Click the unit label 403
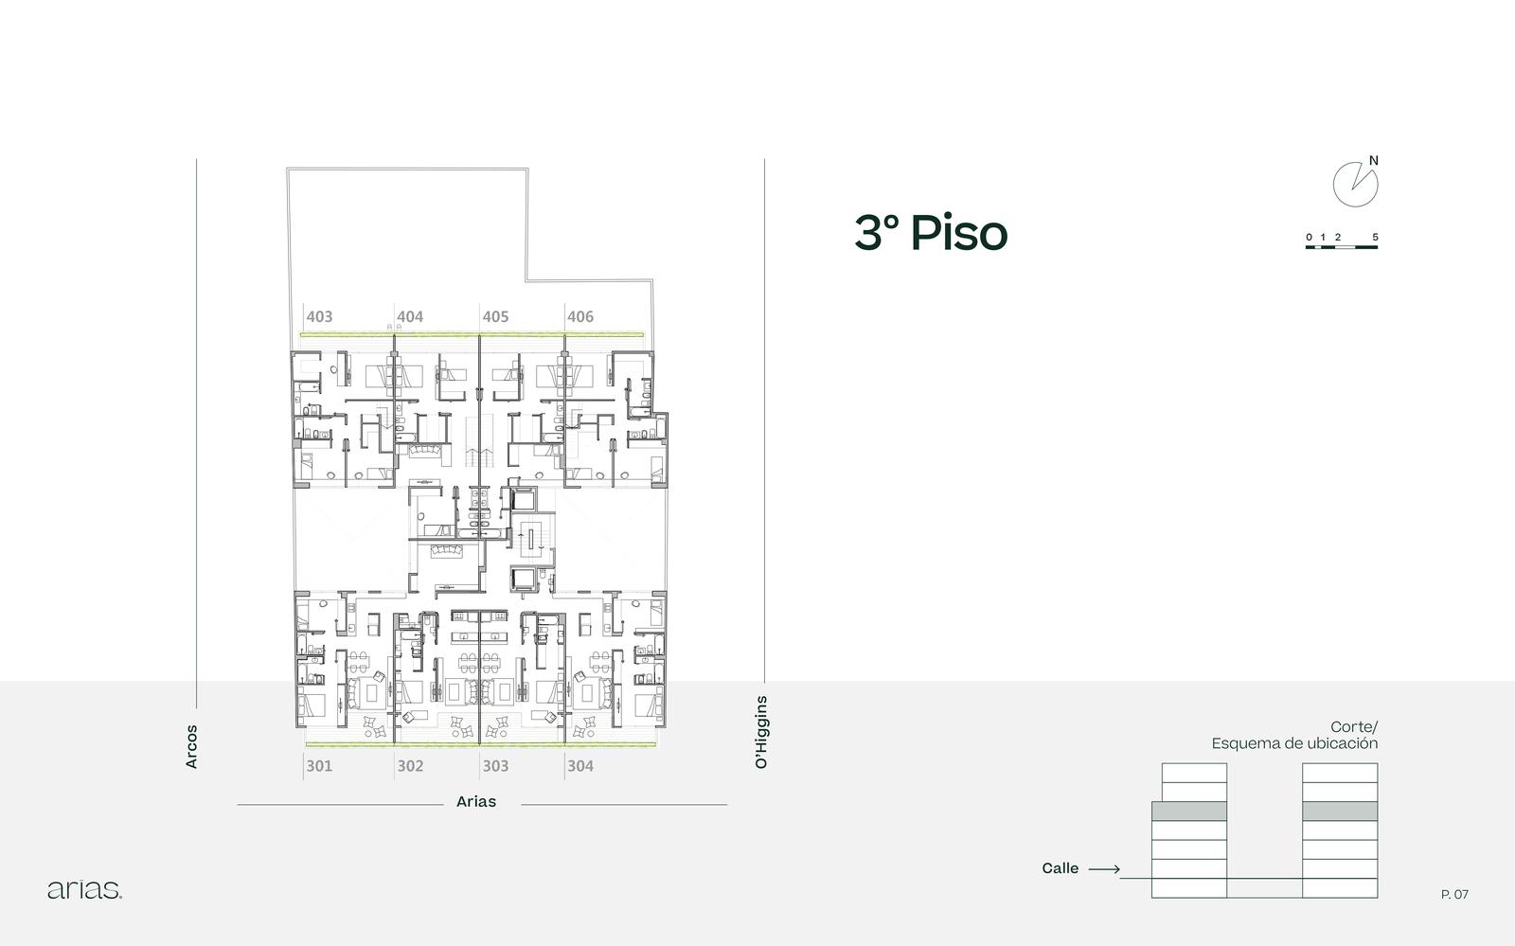click(319, 316)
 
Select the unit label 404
click(410, 316)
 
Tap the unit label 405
click(495, 316)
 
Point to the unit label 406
click(580, 316)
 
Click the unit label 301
click(319, 766)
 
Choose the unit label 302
click(410, 766)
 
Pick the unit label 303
click(495, 766)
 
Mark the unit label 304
click(580, 766)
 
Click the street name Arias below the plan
click(476, 802)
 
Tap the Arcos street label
click(191, 746)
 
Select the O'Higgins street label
click(761, 732)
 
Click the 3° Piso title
click(932, 233)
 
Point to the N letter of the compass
click(1374, 161)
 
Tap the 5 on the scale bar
click(1375, 238)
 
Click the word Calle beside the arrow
click(1060, 868)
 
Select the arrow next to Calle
click(1104, 869)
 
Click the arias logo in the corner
click(84, 890)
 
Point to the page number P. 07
click(1454, 895)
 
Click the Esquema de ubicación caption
click(1294, 743)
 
